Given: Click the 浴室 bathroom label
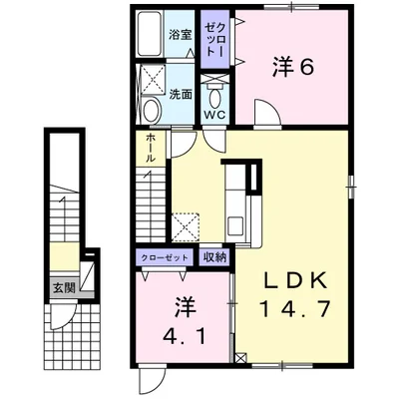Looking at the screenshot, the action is pyautogui.click(x=181, y=35).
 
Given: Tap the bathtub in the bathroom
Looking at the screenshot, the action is pyautogui.click(x=150, y=33).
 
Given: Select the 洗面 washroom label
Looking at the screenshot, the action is pyautogui.click(x=181, y=95).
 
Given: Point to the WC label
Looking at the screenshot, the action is pyautogui.click(x=214, y=115).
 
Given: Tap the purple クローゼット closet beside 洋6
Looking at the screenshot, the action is pyautogui.click(x=214, y=39).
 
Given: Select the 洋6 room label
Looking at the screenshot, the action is pyautogui.click(x=293, y=68).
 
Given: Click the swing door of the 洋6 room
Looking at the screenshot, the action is pyautogui.click(x=266, y=113).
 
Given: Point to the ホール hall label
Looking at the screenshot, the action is pyautogui.click(x=151, y=148).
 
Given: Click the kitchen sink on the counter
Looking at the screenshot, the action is pyautogui.click(x=235, y=224).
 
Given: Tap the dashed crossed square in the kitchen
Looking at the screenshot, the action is pyautogui.click(x=186, y=226).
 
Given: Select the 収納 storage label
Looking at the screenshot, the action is pyautogui.click(x=214, y=257).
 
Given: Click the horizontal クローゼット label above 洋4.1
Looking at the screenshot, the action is pyautogui.click(x=165, y=257).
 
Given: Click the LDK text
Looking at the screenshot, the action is pyautogui.click(x=294, y=282).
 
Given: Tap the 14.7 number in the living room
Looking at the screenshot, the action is pyautogui.click(x=294, y=308).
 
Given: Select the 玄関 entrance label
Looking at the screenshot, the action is pyautogui.click(x=64, y=288).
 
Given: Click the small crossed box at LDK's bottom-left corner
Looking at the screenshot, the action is pyautogui.click(x=240, y=358).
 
